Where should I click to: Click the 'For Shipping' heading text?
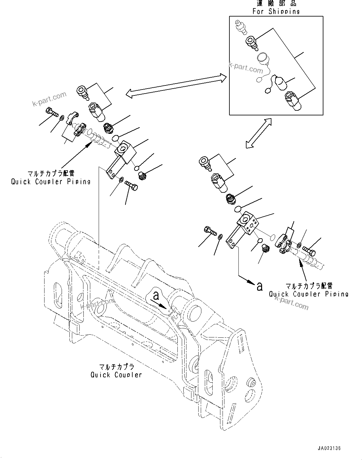point(276,11)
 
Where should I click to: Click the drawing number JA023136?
point(329,448)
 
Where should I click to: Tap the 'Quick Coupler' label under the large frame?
point(116,375)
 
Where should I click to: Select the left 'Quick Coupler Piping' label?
point(51,181)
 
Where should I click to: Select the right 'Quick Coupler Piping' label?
point(308,293)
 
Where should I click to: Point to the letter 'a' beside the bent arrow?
point(259,286)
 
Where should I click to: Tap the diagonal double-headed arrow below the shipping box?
point(258,133)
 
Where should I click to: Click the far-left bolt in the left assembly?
point(52,112)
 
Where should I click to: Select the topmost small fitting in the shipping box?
point(240,26)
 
